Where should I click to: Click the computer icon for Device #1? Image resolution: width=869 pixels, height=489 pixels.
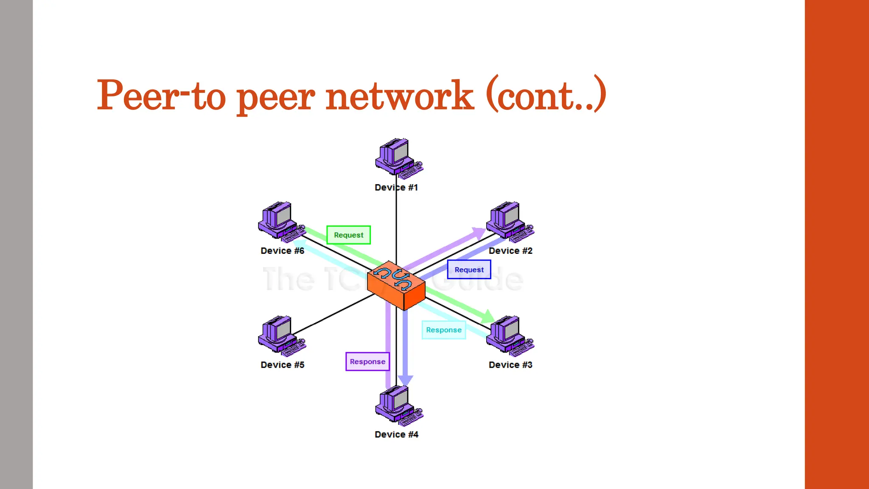tap(398, 157)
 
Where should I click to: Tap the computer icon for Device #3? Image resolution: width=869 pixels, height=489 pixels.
tap(509, 335)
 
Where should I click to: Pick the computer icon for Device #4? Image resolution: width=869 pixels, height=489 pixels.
tap(398, 405)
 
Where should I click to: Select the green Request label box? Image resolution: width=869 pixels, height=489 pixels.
tap(348, 235)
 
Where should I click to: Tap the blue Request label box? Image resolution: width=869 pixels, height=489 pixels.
tap(469, 270)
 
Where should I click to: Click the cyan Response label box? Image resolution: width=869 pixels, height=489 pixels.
tap(443, 330)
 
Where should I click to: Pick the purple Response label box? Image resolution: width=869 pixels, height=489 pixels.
tap(367, 362)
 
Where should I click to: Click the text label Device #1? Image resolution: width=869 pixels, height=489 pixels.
tap(396, 188)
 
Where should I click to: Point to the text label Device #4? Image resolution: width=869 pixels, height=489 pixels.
tap(396, 435)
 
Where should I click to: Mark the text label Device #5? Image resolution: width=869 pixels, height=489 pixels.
tap(282, 365)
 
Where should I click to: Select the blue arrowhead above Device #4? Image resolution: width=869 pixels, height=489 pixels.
tap(405, 380)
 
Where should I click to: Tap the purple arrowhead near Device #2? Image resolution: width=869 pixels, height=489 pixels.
tap(478, 233)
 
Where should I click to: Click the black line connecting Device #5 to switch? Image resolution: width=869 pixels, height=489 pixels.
tap(333, 314)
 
